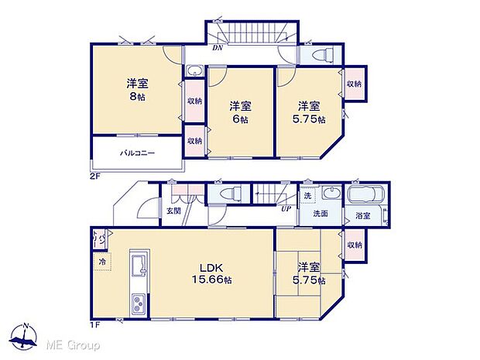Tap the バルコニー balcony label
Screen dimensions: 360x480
[x=136, y=153]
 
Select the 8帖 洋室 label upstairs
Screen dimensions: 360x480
[x=137, y=91]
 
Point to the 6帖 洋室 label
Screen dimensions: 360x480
[x=238, y=113]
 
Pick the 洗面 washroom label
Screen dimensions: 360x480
[x=321, y=213]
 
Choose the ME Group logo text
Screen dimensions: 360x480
[x=73, y=342]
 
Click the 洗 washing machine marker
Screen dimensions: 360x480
[x=307, y=194]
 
